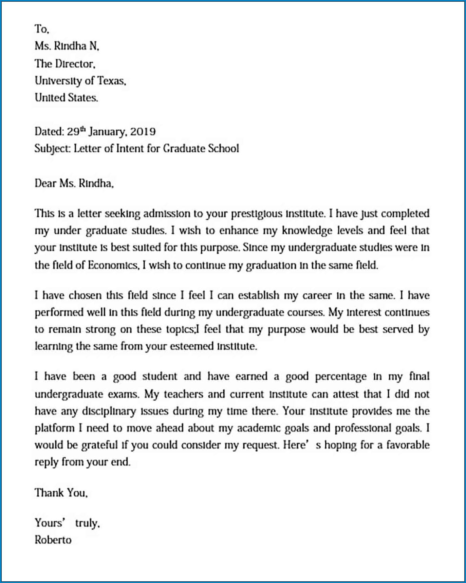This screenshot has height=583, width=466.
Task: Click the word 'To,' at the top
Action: click(42, 29)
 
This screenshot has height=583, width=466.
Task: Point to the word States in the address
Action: click(83, 98)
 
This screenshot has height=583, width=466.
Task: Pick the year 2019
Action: click(143, 132)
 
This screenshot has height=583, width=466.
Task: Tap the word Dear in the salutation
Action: click(45, 183)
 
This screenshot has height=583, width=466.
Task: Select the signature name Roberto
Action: click(53, 540)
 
